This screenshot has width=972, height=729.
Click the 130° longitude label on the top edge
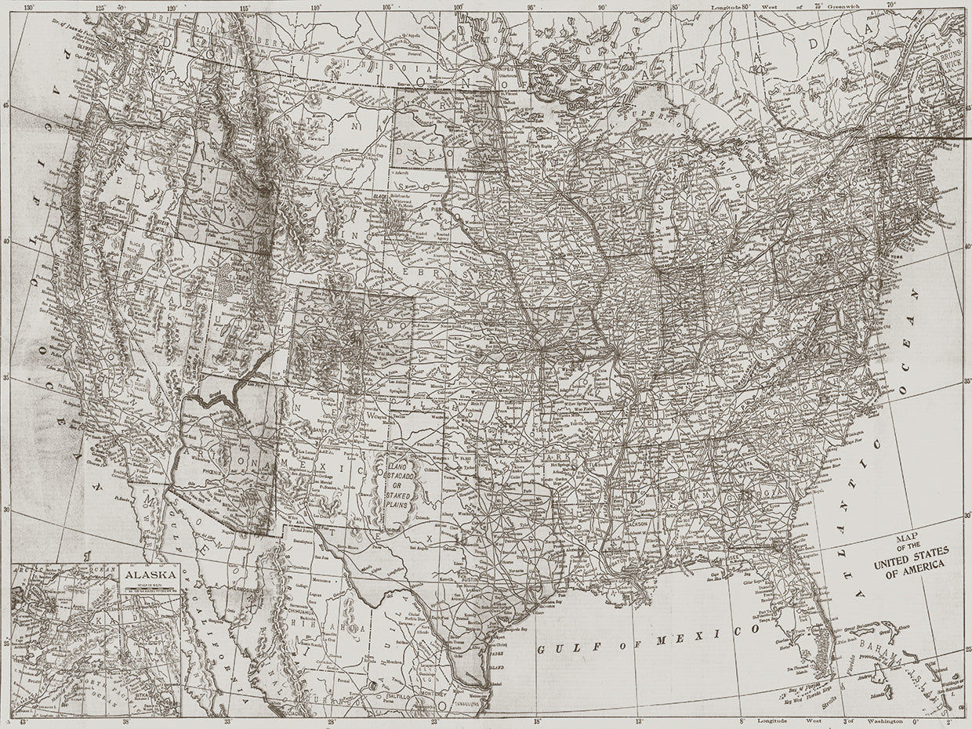pyautogui.click(x=29, y=7)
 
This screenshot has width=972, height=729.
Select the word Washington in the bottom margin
pyautogui.click(x=876, y=720)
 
